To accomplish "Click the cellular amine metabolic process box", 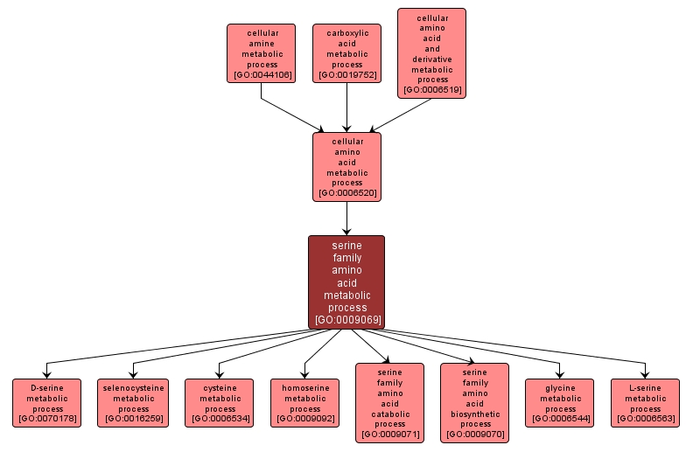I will point(261,53).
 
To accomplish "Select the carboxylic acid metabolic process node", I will point(346,53).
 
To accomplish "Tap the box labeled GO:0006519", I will point(431,53).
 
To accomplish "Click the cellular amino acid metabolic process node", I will point(346,166).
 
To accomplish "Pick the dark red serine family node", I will point(346,281).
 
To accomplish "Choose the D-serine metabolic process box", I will point(46,403).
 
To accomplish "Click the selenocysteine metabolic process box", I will point(133,403).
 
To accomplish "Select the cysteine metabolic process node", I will point(219,403).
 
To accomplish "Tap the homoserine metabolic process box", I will point(304,403).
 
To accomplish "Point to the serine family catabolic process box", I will point(389,403).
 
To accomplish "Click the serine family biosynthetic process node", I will point(474,403).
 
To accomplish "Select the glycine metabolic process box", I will point(559,403).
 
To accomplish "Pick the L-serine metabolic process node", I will point(645,403).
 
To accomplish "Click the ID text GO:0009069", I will point(346,320).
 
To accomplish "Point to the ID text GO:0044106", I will point(261,76).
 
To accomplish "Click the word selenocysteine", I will point(133,386).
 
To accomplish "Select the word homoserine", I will point(304,386).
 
